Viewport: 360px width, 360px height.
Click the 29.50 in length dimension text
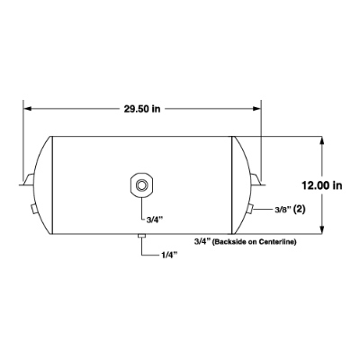pyautogui.click(x=142, y=109)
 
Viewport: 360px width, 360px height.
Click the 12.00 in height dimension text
pyautogui.click(x=322, y=185)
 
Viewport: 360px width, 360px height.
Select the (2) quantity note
pyautogui.click(x=300, y=210)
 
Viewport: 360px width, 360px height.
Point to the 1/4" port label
pyautogui.click(x=168, y=256)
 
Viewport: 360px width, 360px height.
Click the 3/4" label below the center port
pyautogui.click(x=155, y=220)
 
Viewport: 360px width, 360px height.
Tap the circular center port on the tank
pyautogui.click(x=140, y=185)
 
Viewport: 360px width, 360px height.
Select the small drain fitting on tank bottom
pyautogui.click(x=141, y=236)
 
